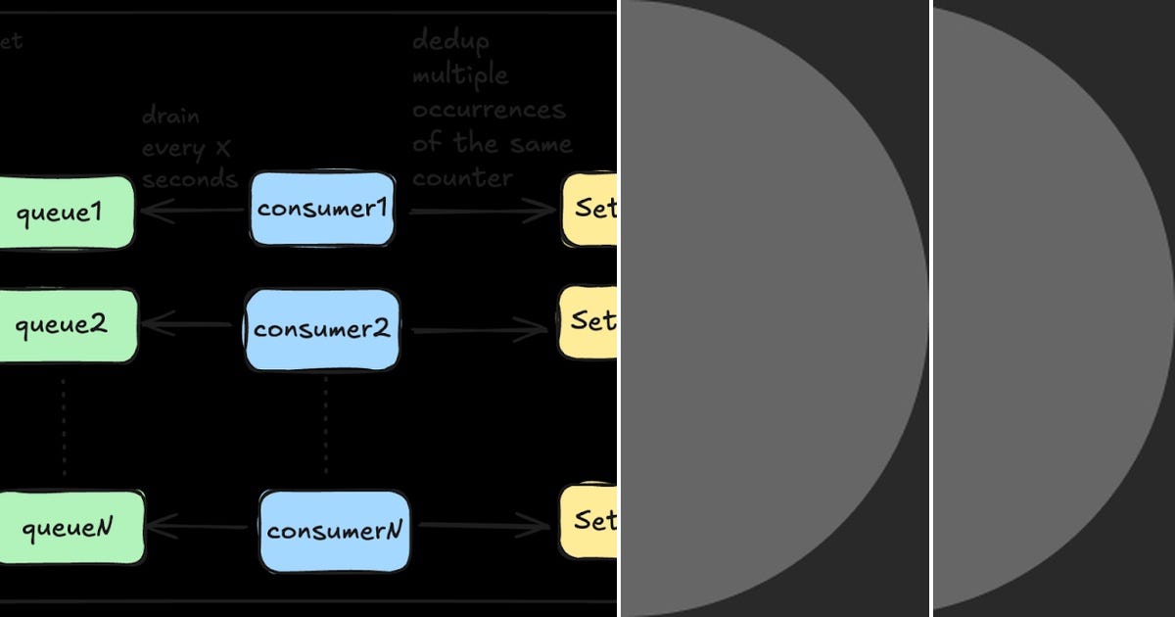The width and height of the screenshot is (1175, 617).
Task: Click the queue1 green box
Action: [x=64, y=212]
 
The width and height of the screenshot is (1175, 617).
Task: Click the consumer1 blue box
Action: [x=322, y=209]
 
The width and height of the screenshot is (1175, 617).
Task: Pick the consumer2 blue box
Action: [x=322, y=329]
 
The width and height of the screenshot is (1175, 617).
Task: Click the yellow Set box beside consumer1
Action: [x=589, y=210]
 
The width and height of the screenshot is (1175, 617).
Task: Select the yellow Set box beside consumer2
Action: [x=589, y=321]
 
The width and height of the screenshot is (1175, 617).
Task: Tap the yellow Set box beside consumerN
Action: [x=589, y=521]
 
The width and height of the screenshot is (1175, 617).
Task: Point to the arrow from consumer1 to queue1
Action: [x=192, y=210]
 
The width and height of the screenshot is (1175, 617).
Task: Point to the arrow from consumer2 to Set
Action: [x=480, y=331]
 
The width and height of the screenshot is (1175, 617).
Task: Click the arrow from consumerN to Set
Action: [x=484, y=527]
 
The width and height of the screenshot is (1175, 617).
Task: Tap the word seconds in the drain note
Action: [x=190, y=179]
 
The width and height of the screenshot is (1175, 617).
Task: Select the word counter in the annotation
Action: [x=462, y=178]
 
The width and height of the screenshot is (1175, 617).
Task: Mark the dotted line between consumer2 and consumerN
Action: [x=325, y=429]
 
